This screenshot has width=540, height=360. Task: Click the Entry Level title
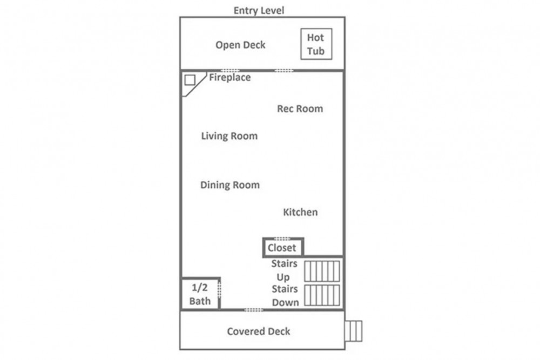(259, 10)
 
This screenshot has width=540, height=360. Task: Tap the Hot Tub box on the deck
(316, 44)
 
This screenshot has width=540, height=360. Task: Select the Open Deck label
(240, 45)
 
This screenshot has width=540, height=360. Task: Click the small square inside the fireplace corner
(190, 80)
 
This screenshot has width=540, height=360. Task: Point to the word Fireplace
(230, 77)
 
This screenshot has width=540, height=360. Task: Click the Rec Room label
(300, 109)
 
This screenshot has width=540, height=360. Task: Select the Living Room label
(230, 136)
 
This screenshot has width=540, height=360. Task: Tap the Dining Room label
(230, 185)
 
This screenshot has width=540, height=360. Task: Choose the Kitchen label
(300, 212)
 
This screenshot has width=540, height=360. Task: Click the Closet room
(283, 247)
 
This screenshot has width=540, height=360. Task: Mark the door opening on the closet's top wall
(282, 239)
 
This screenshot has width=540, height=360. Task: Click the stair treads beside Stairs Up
(322, 271)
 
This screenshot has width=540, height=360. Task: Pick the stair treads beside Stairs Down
(322, 295)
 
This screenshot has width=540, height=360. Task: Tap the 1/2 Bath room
(200, 294)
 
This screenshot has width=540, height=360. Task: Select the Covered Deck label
(259, 331)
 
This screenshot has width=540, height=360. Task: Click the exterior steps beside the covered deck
(354, 331)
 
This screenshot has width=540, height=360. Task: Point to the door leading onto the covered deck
(254, 310)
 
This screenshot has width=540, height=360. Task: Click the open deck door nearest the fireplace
(230, 71)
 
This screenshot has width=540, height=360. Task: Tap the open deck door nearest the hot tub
(284, 71)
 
